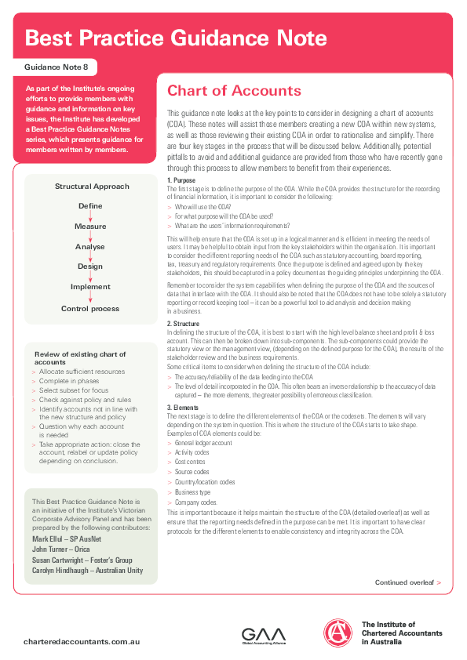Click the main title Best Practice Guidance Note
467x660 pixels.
click(x=176, y=38)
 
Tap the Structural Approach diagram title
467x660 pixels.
click(x=92, y=186)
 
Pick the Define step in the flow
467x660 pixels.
click(x=90, y=206)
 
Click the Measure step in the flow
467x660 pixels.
click(x=90, y=227)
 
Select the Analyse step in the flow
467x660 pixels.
click(x=90, y=247)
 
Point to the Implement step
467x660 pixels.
click(x=90, y=287)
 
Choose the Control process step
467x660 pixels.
click(x=90, y=308)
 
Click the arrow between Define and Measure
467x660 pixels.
click(x=90, y=216)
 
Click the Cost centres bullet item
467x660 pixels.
click(x=192, y=462)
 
